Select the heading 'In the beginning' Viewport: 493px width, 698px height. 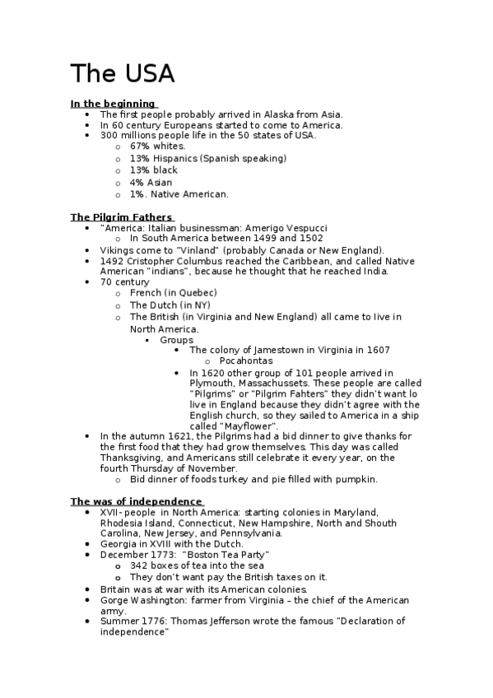tap(113, 103)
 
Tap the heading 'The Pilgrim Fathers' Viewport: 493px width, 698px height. tap(120, 217)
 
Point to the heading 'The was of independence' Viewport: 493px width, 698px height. tap(136, 500)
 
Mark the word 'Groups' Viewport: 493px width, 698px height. tap(177, 339)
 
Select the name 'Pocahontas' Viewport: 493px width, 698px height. tap(246, 361)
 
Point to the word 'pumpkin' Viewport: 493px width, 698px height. tap(356, 479)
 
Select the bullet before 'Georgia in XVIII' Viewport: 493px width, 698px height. tap(88, 544)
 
